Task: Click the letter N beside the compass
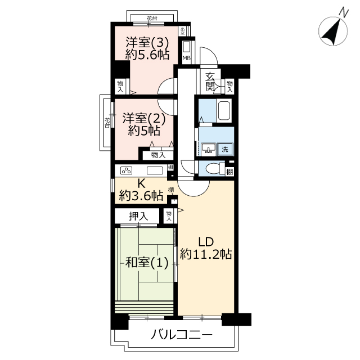tap(344, 12)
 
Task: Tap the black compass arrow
tap(331, 32)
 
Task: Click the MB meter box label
tap(186, 58)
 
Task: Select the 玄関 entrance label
tap(210, 81)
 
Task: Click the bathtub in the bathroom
tap(224, 110)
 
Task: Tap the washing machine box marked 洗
tap(225, 149)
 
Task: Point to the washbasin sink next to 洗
tap(209, 149)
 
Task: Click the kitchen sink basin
tap(155, 170)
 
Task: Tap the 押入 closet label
tap(138, 216)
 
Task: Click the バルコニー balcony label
tap(181, 335)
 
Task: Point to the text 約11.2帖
tap(206, 254)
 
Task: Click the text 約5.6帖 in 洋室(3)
tap(147, 55)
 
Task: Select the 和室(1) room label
tap(147, 263)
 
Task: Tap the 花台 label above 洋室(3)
tap(152, 18)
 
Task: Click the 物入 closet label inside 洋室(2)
tap(158, 155)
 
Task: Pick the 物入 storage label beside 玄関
tap(229, 86)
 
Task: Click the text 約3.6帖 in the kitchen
tap(141, 196)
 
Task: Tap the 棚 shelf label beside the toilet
tap(229, 171)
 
